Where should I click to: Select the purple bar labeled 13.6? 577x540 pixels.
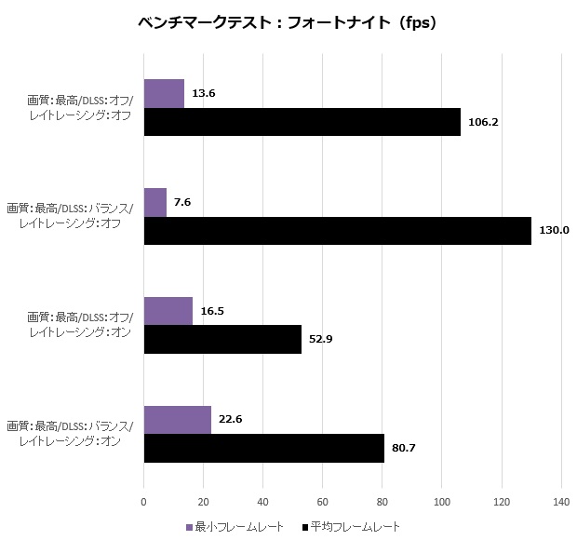point(164,93)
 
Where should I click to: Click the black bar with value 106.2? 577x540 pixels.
point(302,122)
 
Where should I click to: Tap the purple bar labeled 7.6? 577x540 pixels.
point(155,202)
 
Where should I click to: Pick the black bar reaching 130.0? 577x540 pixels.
point(338,231)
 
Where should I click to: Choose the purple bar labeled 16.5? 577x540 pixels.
point(168,310)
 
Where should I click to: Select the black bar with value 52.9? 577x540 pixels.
point(222,339)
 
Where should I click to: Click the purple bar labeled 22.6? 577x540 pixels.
point(178,419)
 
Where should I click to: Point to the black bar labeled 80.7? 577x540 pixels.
point(264,448)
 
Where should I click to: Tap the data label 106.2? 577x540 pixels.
point(483,122)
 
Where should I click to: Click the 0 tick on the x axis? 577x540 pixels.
point(144,502)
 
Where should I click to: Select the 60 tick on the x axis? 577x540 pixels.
point(323,502)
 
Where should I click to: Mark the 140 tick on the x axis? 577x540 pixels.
point(561,502)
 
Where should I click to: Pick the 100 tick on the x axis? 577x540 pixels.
point(442,502)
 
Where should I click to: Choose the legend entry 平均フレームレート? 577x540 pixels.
point(357,527)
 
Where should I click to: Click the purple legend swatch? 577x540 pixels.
point(188,527)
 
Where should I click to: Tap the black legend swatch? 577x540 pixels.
point(306,527)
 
